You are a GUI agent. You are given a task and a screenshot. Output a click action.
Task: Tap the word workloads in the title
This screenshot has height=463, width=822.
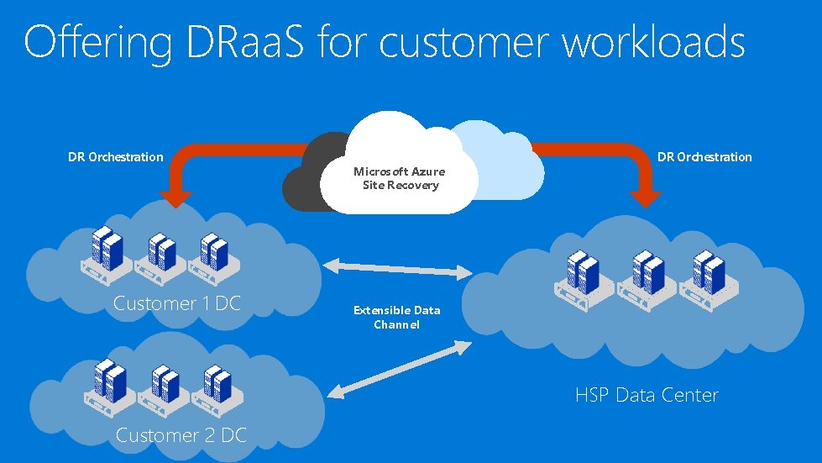[652, 42]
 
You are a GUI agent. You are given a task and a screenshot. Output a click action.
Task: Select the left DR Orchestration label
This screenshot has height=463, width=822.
[116, 156]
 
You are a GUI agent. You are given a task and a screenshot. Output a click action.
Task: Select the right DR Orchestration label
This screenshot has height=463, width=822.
[704, 156]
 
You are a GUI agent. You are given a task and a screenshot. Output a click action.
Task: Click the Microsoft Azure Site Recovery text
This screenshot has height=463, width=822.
[400, 178]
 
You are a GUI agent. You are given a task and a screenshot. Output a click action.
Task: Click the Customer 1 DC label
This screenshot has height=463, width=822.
[176, 303]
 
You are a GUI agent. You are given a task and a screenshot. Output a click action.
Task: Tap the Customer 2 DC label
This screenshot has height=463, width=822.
[181, 434]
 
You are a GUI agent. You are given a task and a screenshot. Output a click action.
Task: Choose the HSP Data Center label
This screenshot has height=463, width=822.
[647, 395]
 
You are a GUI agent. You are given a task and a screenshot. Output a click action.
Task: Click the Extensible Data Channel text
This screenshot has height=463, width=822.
[396, 317]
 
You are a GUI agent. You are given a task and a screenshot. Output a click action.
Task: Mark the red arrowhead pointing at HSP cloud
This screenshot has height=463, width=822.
[647, 197]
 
